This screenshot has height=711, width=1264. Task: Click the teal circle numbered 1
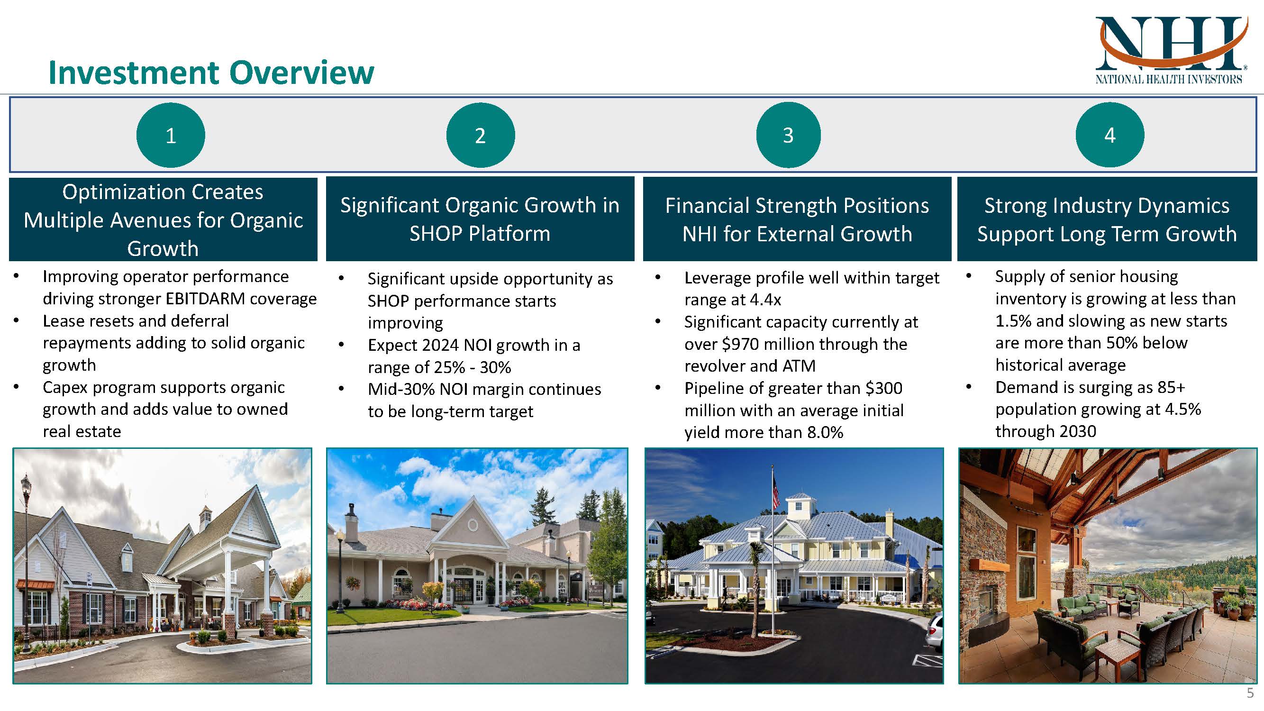point(170,135)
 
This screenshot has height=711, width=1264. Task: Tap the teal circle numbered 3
point(788,135)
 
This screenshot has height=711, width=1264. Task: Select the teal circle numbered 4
point(1109,135)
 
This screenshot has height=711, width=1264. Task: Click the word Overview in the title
point(301,73)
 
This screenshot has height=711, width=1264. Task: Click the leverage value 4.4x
point(765,299)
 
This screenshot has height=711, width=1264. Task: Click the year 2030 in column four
point(1078,431)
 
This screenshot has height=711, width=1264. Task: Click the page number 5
point(1250,693)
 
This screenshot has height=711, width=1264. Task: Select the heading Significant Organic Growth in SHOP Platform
point(480,219)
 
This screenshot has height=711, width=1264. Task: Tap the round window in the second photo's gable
point(473,526)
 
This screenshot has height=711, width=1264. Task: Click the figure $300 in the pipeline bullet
point(884,388)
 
